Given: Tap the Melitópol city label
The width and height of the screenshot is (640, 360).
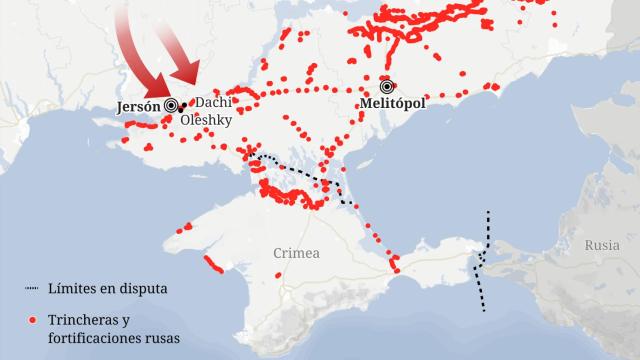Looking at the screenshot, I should pos(399,104).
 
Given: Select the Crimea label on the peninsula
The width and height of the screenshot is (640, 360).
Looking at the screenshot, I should pos(297,254).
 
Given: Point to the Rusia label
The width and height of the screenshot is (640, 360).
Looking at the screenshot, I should pos(603,244).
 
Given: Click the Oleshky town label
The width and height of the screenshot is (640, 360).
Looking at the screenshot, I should pos(206,119).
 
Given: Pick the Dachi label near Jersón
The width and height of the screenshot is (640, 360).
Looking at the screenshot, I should pos(212,102).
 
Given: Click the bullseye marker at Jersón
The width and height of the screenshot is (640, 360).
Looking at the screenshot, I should pos(171,104).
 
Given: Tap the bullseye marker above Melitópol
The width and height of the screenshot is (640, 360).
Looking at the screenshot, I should pos(386,85).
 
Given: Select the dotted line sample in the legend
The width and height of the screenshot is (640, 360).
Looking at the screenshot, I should pos(31,289).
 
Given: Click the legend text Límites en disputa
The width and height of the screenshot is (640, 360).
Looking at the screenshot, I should pos(107,289).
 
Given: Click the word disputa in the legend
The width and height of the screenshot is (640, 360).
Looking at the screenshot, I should pos(143,289).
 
